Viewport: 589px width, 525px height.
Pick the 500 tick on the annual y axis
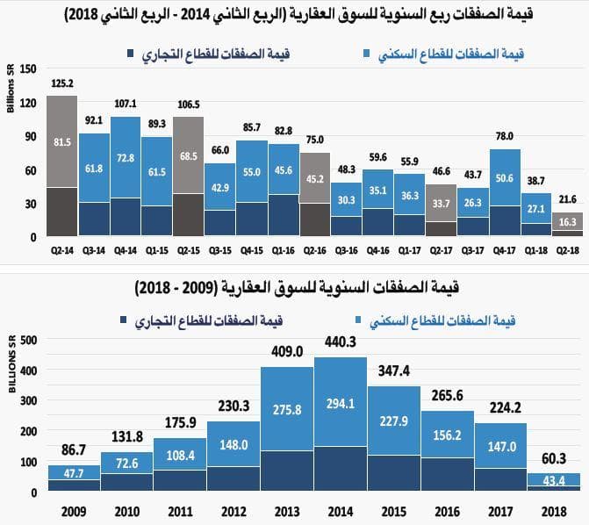coord(28,340)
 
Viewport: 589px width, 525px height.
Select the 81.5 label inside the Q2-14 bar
coord(61,141)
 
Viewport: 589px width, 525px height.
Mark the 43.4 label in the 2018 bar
coord(554,480)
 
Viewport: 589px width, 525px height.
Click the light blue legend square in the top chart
coord(365,55)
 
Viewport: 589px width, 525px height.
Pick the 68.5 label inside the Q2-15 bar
coord(187,155)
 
